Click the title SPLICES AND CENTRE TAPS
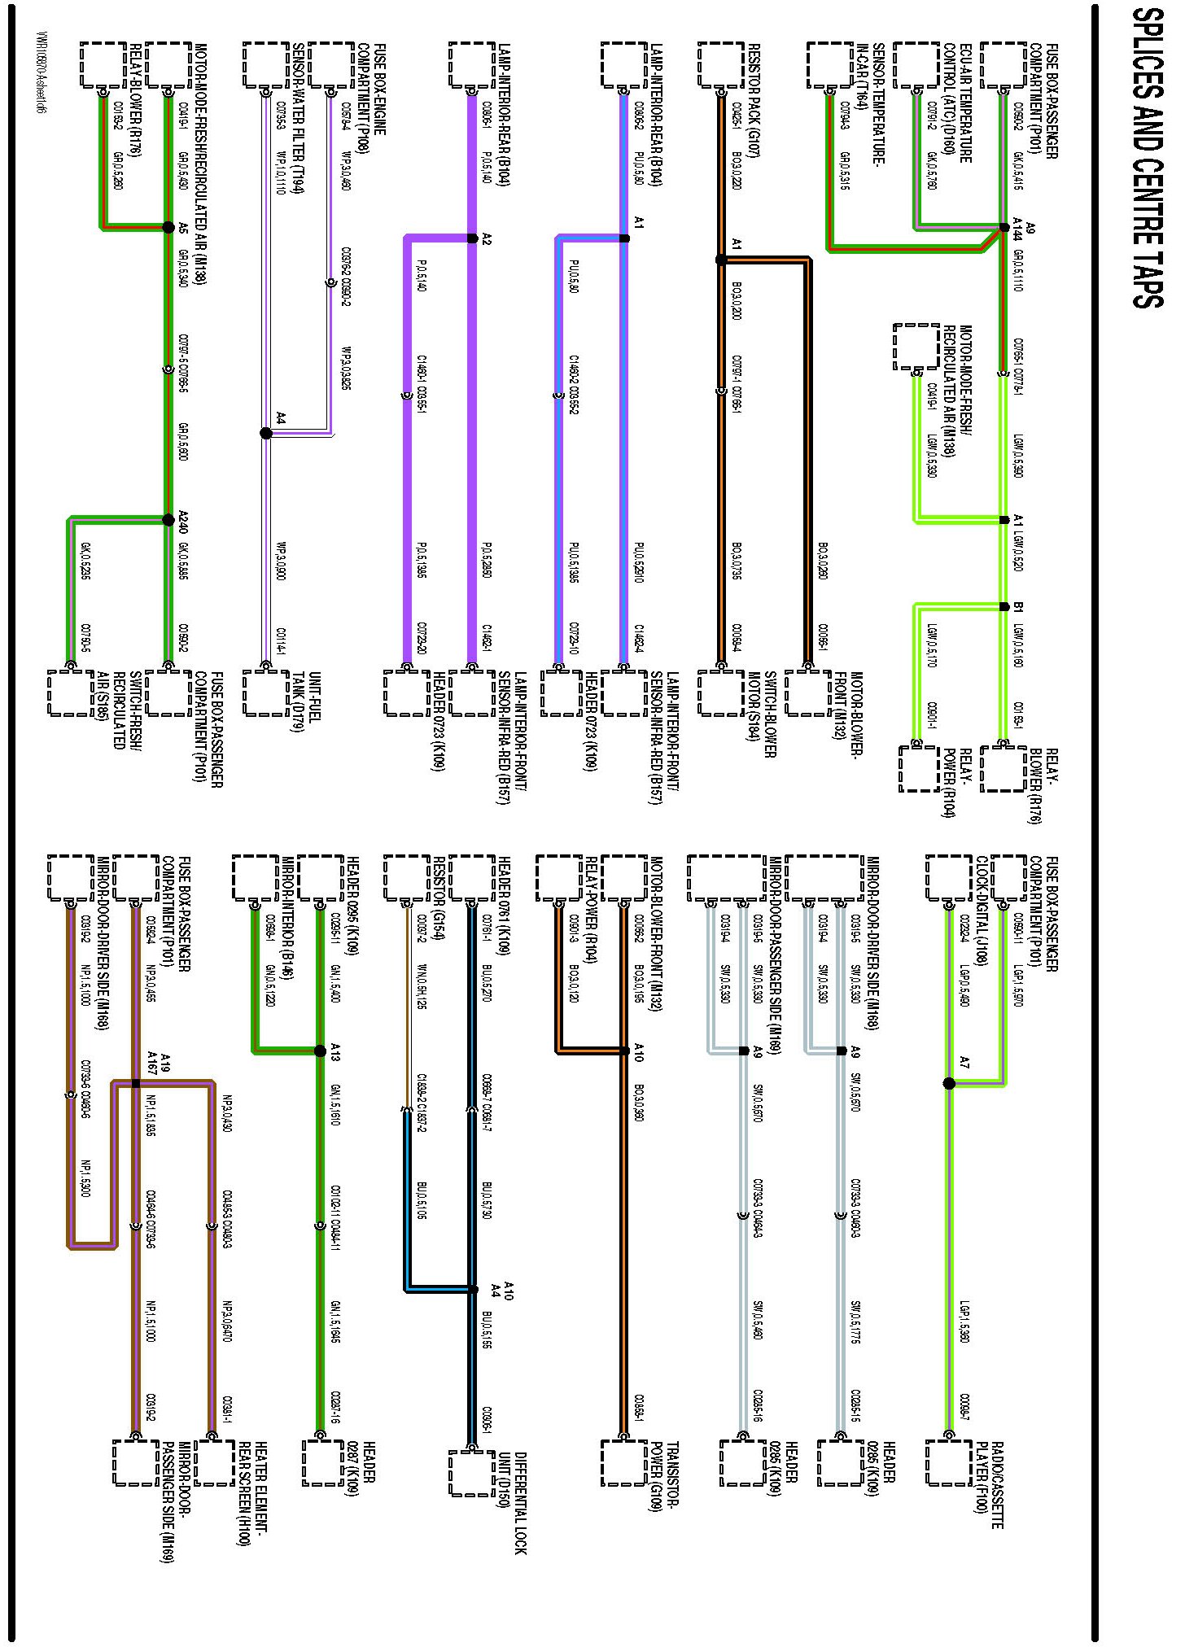[x=1148, y=159]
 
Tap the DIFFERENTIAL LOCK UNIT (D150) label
[x=513, y=1502]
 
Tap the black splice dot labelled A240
[x=168, y=519]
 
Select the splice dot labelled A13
[x=320, y=1051]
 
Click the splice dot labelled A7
[x=949, y=1083]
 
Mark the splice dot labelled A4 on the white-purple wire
[x=266, y=433]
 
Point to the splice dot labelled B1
[x=1004, y=606]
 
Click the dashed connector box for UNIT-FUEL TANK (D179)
[x=266, y=692]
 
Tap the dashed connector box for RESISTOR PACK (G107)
[x=721, y=64]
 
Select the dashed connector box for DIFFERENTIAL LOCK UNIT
[x=472, y=1473]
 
